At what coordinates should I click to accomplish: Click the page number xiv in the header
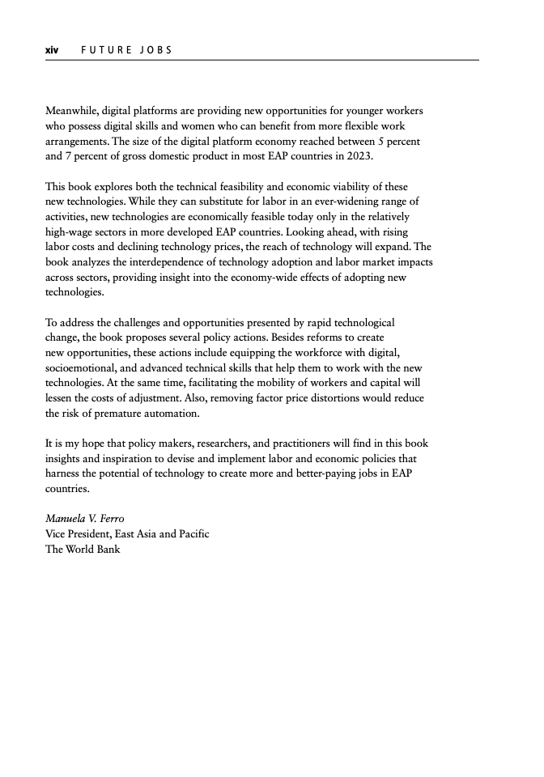pos(52,50)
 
